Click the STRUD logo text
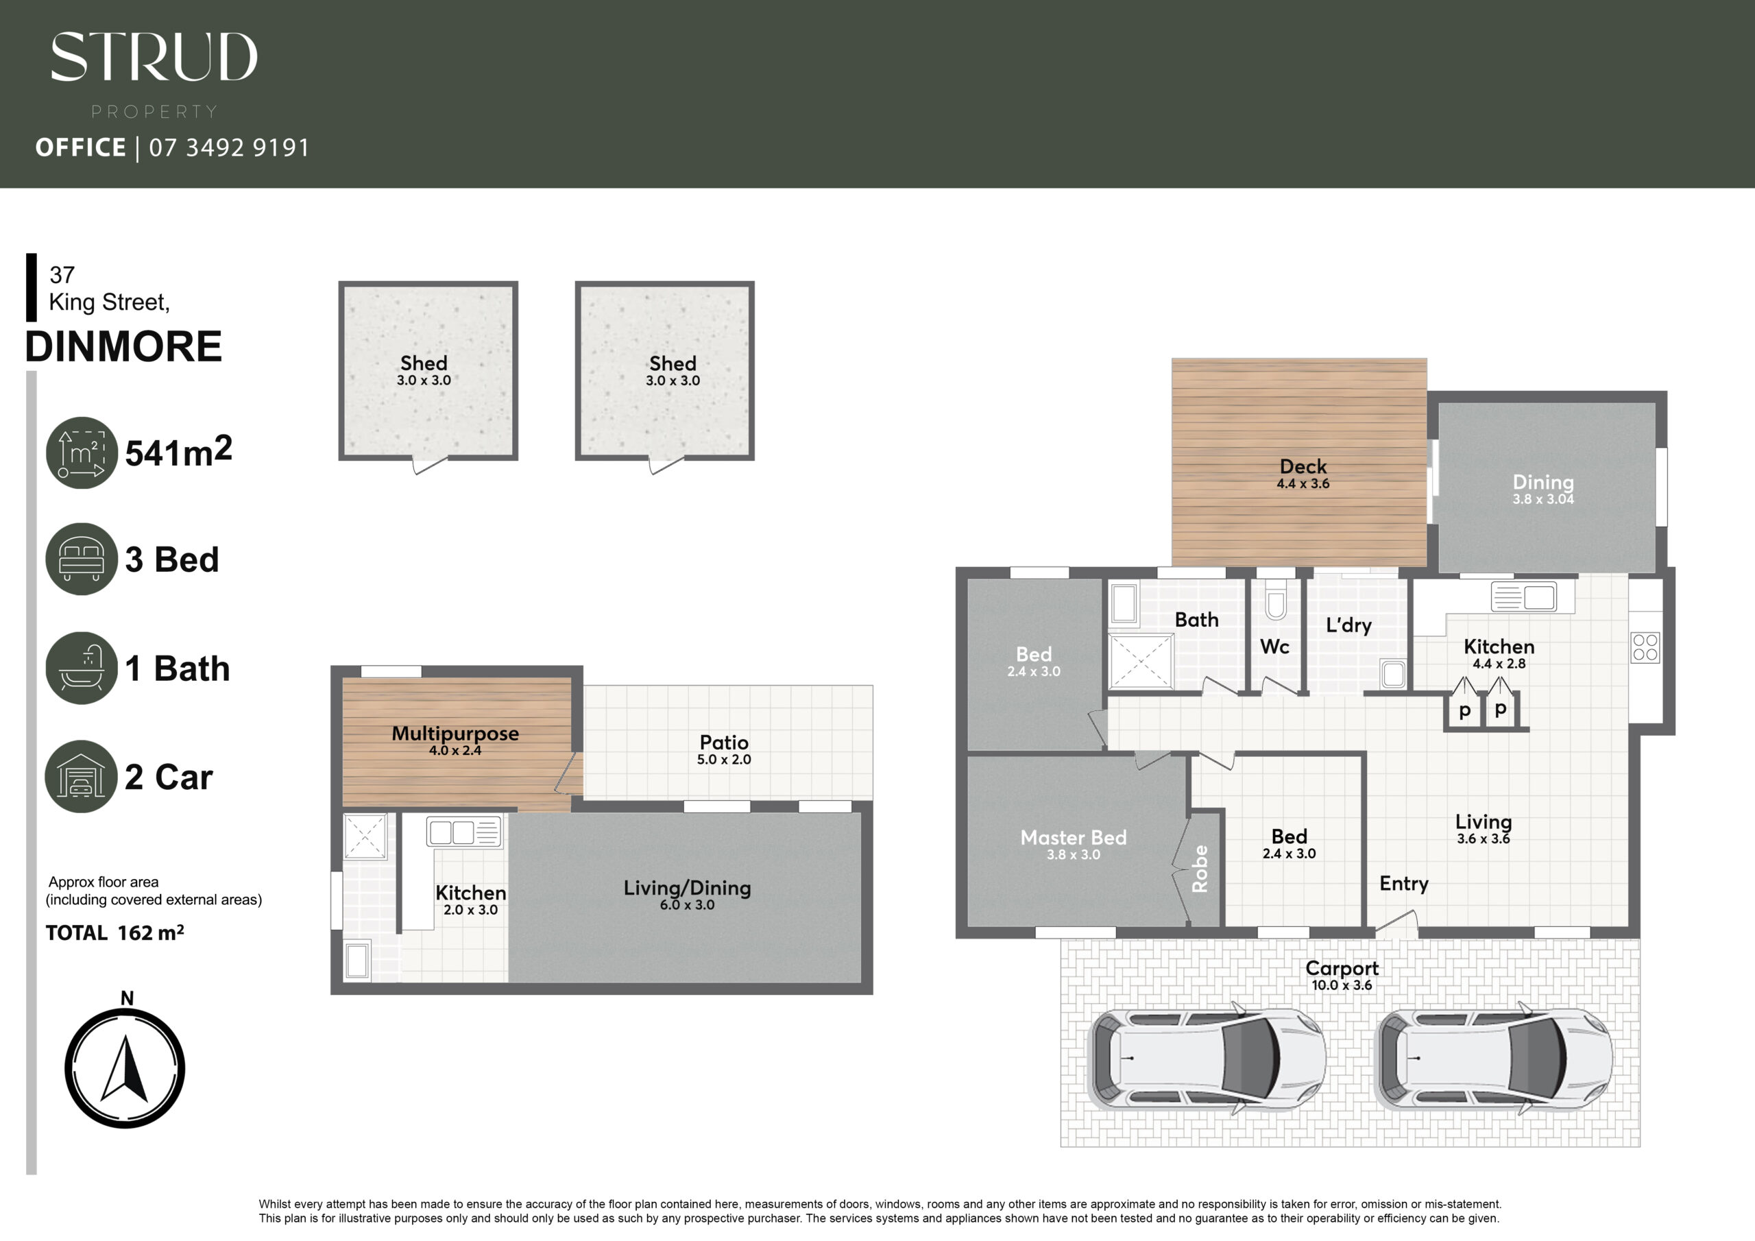[x=154, y=57]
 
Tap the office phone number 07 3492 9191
[x=229, y=147]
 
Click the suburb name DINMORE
[x=124, y=346]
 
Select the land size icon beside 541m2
[x=82, y=453]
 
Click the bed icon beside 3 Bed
[x=82, y=559]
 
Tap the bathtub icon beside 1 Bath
[x=82, y=668]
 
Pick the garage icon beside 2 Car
[x=82, y=776]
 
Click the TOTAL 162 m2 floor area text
[x=114, y=933]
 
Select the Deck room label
[x=1303, y=466]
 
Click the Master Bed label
[x=1073, y=837]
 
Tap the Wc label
[x=1274, y=647]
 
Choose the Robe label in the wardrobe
[x=1200, y=869]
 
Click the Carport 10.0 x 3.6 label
[x=1342, y=976]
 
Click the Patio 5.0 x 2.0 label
[x=724, y=750]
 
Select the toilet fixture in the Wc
[x=1275, y=599]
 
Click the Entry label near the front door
[x=1404, y=884]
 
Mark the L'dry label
[x=1349, y=625]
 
